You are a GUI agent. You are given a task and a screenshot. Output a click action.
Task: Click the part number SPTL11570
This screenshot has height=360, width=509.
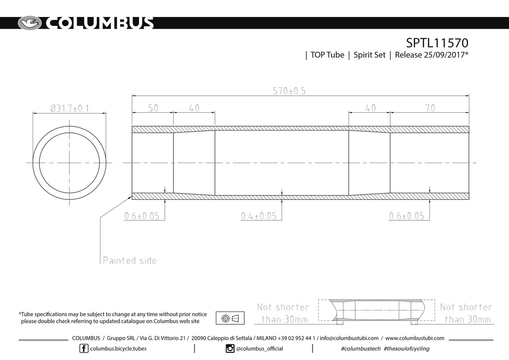437,43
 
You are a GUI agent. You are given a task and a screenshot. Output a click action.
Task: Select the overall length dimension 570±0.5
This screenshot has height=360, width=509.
289,91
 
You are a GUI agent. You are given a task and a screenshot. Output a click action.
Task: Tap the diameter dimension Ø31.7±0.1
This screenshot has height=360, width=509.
69,108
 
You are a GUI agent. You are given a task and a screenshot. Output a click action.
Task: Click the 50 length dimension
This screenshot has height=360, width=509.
153,108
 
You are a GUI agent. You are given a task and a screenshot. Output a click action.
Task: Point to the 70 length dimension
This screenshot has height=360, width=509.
430,108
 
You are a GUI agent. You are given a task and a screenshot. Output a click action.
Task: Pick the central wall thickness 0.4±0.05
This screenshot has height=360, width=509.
259,216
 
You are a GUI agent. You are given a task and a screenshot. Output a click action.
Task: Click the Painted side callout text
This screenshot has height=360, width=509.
130,261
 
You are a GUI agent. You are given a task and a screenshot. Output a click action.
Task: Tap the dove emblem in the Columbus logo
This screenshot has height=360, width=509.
30,23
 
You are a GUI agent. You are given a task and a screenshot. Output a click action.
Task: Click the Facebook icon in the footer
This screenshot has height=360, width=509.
84,349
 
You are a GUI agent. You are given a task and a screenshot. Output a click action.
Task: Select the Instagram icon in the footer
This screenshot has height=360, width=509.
230,349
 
